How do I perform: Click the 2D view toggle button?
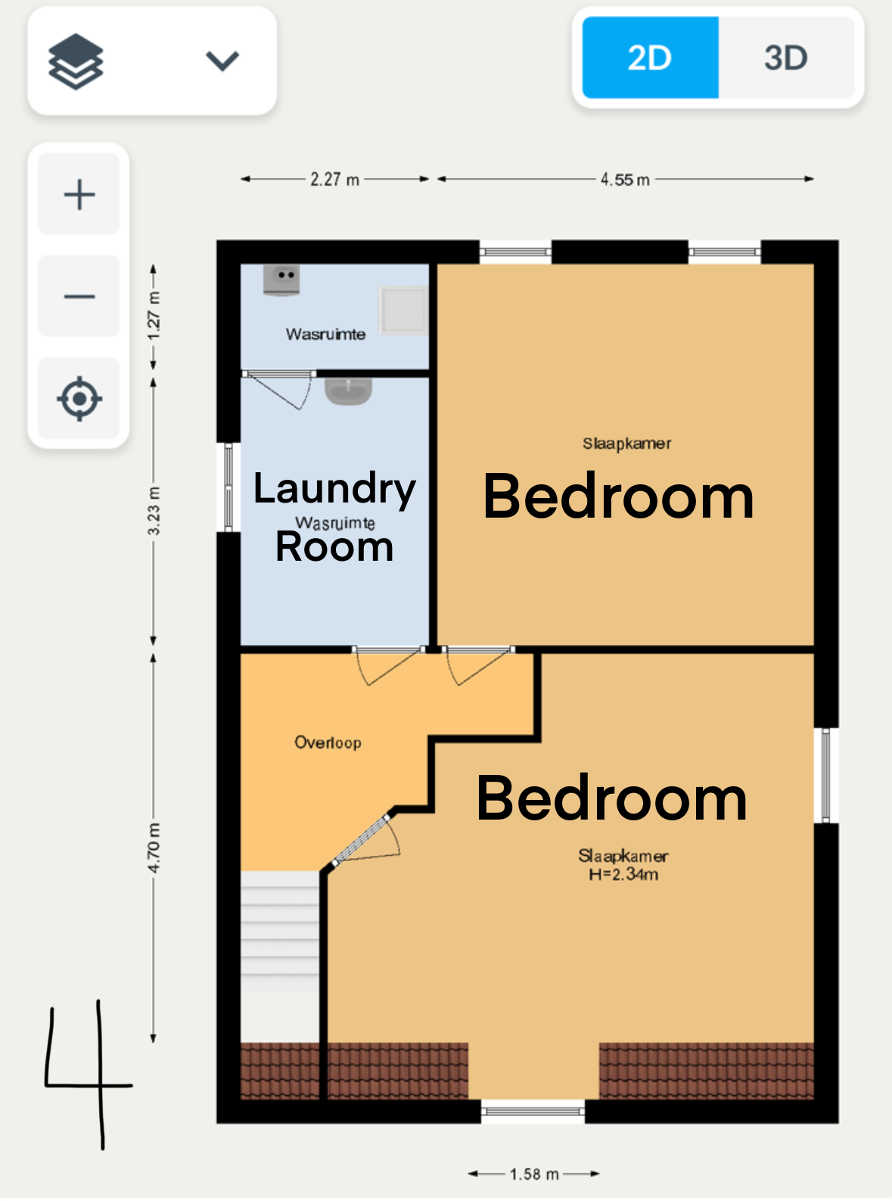[650, 58]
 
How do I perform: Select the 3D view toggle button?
[786, 58]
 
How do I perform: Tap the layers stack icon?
[76, 61]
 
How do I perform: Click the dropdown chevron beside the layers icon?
[222, 61]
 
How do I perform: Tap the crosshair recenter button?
[79, 399]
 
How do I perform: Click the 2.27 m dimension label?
[334, 179]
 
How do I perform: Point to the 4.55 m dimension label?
[625, 179]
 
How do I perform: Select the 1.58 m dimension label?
[534, 1174]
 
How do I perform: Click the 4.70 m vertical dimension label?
[154, 848]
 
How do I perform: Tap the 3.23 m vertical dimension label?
[154, 511]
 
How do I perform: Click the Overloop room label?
[328, 742]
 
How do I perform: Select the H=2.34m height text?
[623, 874]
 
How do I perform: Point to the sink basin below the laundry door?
[348, 391]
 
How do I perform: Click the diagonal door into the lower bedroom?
[361, 840]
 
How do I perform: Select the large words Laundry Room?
[334, 517]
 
